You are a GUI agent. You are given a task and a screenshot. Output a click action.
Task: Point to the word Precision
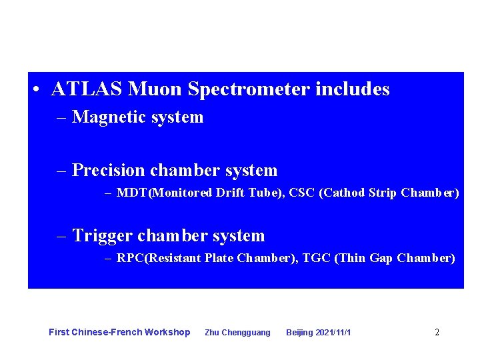109,171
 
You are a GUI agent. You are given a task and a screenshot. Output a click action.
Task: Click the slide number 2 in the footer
437,332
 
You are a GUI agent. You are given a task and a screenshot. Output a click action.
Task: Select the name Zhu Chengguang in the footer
237,333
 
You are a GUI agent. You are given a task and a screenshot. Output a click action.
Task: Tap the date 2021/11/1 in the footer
333,333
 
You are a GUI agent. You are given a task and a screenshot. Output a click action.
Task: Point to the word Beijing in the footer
299,333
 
